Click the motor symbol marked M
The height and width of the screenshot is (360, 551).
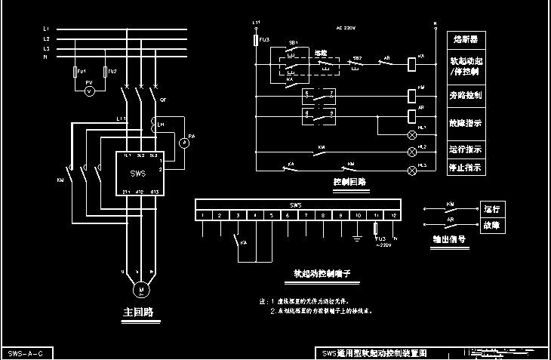[x=140, y=289]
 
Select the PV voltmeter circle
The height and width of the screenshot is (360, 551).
[x=89, y=91]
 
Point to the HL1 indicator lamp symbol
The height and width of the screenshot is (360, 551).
[x=412, y=134]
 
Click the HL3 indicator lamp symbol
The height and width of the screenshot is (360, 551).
[x=412, y=171]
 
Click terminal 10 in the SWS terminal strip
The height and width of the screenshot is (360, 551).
[x=358, y=215]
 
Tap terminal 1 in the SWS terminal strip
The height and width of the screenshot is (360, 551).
[x=203, y=215]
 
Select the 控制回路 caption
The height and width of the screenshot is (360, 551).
[x=349, y=183]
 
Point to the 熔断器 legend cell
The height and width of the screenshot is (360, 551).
[x=465, y=38]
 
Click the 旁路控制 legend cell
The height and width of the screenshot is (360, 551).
[x=465, y=96]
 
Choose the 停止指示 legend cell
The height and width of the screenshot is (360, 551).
[x=465, y=168]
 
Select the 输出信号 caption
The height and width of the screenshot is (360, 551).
[x=448, y=239]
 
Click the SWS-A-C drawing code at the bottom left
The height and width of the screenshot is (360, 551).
[x=26, y=353]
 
